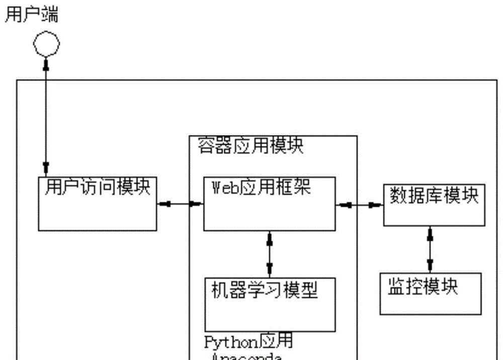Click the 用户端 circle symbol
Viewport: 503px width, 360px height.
46,44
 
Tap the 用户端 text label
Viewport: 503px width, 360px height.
32,15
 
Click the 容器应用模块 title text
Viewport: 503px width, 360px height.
250,146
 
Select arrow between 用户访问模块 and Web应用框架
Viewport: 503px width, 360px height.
180,204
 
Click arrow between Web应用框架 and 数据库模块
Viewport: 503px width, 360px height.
360,205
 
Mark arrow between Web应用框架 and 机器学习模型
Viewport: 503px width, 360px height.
270,254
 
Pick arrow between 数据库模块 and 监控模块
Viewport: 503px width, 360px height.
430,249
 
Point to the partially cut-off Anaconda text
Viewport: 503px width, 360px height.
244,356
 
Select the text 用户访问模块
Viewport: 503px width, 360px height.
98,187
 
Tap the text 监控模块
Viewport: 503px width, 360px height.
423,287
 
